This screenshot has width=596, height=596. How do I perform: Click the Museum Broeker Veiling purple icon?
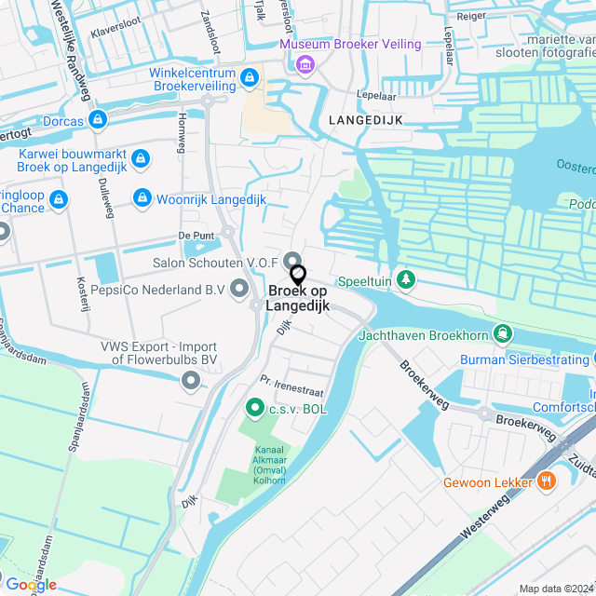304,63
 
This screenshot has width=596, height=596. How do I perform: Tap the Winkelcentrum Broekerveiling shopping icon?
249,78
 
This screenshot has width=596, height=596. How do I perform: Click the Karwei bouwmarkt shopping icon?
140,159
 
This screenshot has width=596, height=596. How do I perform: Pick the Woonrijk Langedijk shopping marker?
142,198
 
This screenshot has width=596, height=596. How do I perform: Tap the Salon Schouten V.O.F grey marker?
292,261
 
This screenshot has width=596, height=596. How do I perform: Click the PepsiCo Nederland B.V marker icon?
240,290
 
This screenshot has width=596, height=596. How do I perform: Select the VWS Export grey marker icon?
192,380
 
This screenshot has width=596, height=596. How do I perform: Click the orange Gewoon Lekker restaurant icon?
547,481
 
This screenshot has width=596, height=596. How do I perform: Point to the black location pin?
298,276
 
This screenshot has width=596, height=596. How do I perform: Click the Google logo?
31,584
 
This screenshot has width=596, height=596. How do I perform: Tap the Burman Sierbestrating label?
526,358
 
